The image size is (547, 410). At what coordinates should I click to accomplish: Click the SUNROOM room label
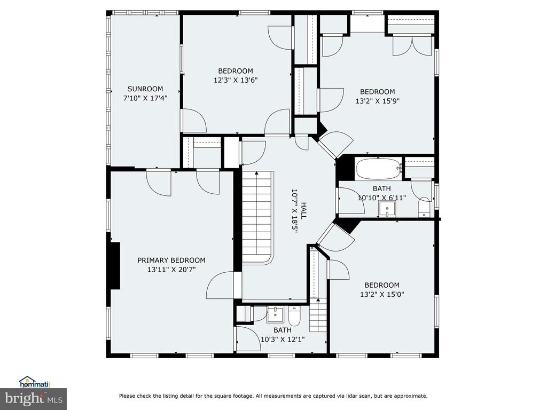145,89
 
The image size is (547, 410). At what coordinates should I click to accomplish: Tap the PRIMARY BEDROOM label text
171,260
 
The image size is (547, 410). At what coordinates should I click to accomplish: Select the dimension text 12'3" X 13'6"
236,80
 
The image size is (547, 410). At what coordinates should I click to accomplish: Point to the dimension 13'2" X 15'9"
378,101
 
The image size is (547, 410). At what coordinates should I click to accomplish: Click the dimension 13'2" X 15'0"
382,294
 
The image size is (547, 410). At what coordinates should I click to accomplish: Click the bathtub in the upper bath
378,169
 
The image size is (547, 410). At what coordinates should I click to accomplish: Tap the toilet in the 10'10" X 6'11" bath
424,207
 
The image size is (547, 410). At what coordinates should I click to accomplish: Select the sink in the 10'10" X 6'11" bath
387,209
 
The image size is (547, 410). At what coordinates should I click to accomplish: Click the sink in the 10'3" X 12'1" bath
276,315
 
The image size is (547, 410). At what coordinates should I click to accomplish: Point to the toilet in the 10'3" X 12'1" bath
294,315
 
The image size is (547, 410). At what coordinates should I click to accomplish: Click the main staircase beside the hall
257,218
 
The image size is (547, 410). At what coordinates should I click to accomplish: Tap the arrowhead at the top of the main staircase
257,172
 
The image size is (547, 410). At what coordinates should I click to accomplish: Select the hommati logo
35,382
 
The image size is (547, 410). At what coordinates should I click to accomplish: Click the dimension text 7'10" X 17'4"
145,98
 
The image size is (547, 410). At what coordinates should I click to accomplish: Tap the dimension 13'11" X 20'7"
171,270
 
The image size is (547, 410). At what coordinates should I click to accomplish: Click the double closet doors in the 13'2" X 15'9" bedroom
412,45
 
